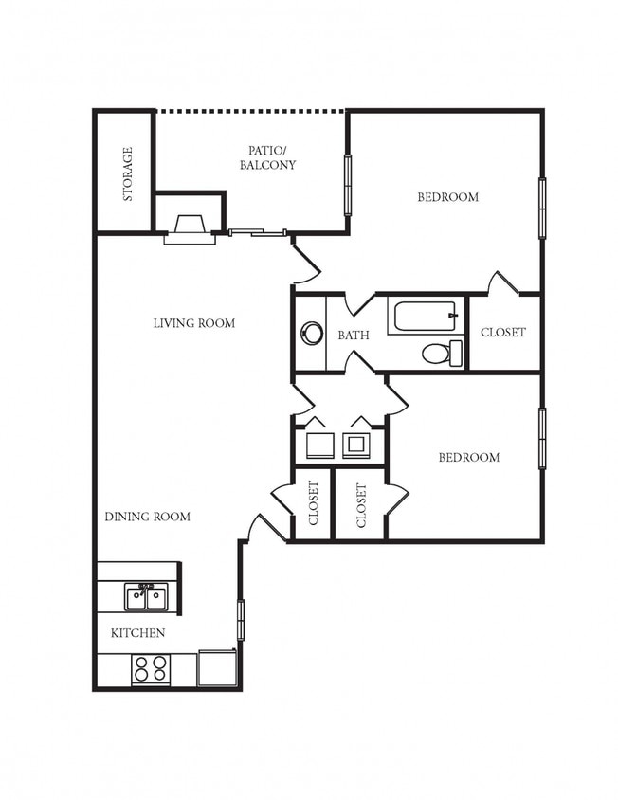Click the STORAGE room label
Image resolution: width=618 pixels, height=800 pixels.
point(128,174)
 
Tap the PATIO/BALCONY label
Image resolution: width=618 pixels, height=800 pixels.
point(268,157)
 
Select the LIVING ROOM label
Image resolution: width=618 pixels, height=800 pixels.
point(194,323)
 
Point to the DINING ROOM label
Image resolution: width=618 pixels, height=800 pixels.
point(148,517)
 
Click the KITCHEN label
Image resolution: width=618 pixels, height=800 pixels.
point(137,632)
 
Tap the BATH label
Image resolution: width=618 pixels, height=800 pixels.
point(354,336)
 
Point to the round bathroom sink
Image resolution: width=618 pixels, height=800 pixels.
point(312,333)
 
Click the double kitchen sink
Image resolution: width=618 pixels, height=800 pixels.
point(147,597)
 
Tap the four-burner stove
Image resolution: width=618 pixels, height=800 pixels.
point(151,669)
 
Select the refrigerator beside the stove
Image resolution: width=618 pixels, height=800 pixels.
point(217,668)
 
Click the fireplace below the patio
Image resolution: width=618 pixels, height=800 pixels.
point(190,230)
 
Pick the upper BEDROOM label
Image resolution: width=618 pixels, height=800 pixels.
point(448,197)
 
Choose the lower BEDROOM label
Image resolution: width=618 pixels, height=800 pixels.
point(469,457)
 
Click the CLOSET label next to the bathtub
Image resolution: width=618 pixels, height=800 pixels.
point(503,332)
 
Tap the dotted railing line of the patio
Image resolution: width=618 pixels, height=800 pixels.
point(250,110)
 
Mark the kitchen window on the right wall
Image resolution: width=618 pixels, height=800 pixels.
point(241,620)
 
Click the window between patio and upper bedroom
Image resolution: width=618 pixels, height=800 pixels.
point(348,185)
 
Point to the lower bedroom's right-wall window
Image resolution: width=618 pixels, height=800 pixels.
point(542,438)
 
